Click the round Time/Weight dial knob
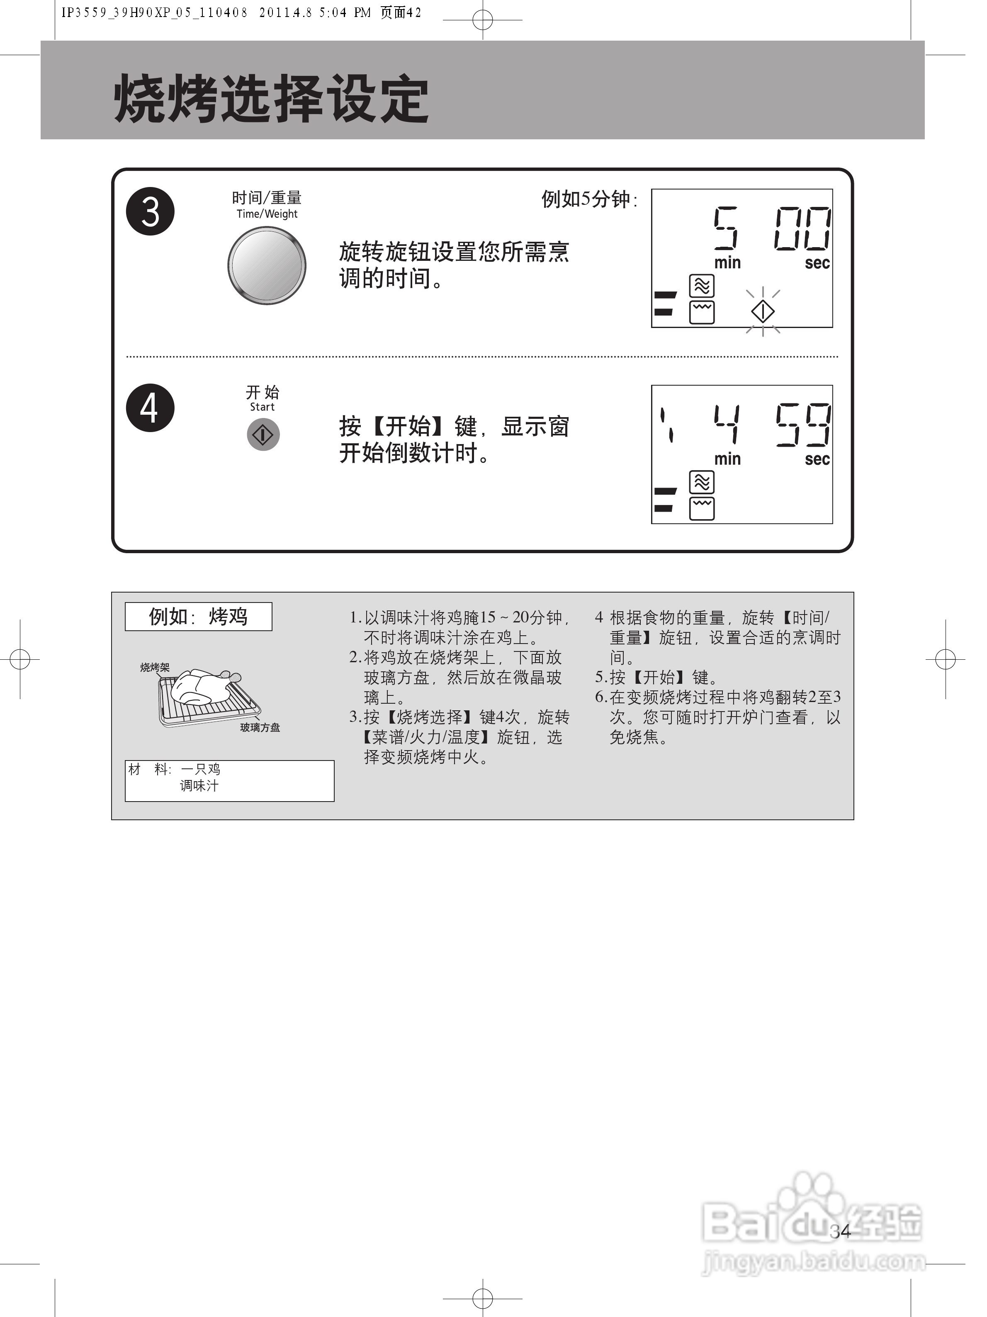tap(267, 265)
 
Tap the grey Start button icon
tap(263, 435)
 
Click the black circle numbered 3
tap(150, 211)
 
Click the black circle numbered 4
tap(150, 408)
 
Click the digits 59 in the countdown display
tap(802, 425)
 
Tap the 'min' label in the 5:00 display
tap(727, 262)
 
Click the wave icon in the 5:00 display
tap(702, 286)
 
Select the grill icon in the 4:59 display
tap(702, 508)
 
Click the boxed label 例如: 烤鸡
tap(198, 616)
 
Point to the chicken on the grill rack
tap(199, 688)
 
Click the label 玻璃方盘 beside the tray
tap(260, 728)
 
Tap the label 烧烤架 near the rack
tap(155, 668)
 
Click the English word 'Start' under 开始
tap(262, 407)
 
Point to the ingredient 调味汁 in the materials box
tap(199, 786)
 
